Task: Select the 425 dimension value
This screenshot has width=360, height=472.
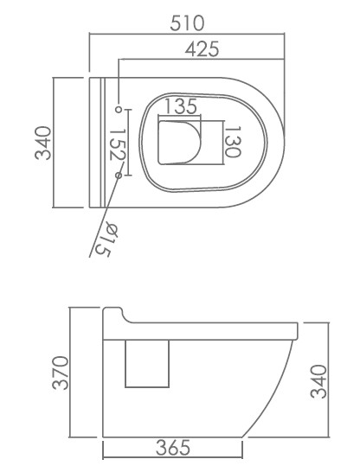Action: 202,49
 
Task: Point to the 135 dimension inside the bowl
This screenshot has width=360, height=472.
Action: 180,107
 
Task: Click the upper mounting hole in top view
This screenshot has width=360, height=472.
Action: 119,109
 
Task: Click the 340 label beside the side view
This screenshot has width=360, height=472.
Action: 318,381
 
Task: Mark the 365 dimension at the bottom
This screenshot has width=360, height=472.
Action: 173,447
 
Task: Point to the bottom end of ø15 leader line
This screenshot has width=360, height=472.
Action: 90,257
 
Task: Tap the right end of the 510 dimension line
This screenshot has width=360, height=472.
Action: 286,35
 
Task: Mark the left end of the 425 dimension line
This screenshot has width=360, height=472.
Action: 118,61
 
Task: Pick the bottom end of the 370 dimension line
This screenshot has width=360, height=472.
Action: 72,438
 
